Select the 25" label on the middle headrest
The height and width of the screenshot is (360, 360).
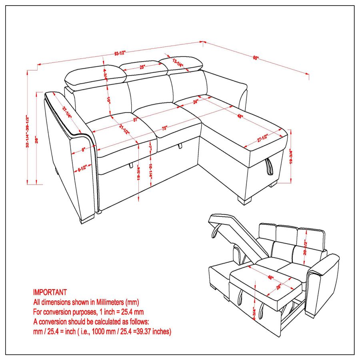pyautogui.click(x=142, y=67)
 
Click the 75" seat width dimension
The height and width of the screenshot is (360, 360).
pyautogui.click(x=164, y=128)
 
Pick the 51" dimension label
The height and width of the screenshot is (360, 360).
pyautogui.click(x=136, y=119)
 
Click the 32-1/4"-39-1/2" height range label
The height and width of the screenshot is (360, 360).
pyautogui.click(x=27, y=132)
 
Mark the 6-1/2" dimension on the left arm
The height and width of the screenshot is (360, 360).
pyautogui.click(x=83, y=169)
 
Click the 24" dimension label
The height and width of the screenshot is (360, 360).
pyautogui.click(x=196, y=102)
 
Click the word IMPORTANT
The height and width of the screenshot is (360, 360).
pyautogui.click(x=50, y=293)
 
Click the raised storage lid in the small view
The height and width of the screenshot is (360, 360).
pyautogui.click(x=236, y=232)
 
